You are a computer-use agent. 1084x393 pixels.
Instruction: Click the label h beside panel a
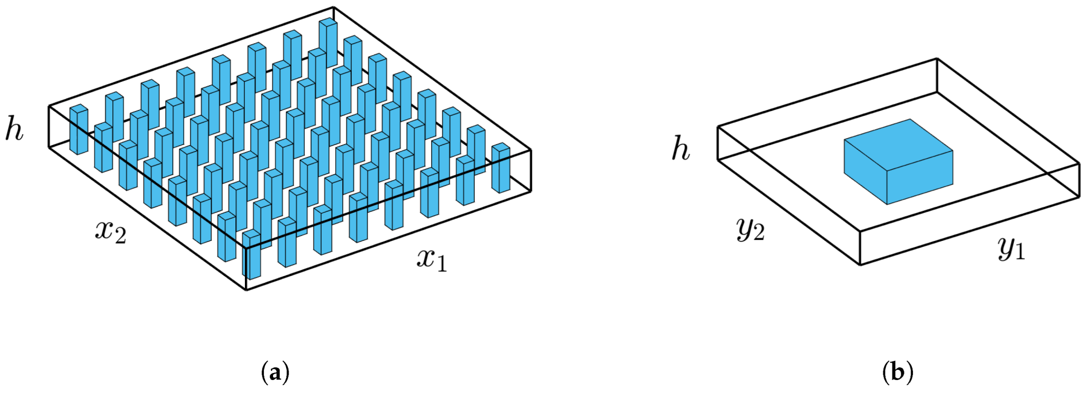coord(14,128)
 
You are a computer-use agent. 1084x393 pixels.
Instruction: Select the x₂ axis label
coord(110,232)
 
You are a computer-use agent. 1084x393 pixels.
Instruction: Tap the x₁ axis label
coord(432,259)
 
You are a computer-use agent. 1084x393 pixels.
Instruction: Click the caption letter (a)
coord(276,373)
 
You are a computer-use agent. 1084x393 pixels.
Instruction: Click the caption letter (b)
coord(897,373)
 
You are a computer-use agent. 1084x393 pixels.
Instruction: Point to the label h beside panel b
coord(681,149)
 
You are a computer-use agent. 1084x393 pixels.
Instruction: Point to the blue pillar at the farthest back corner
coord(328,43)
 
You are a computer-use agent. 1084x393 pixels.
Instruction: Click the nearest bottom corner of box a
coord(246,290)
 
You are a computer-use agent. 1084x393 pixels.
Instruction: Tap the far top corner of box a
coord(334,8)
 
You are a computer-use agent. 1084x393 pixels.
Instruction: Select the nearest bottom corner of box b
coord(861,265)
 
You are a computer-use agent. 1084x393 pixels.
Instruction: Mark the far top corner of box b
coord(937,59)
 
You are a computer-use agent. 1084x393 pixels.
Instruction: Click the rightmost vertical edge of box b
coord(1079,180)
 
